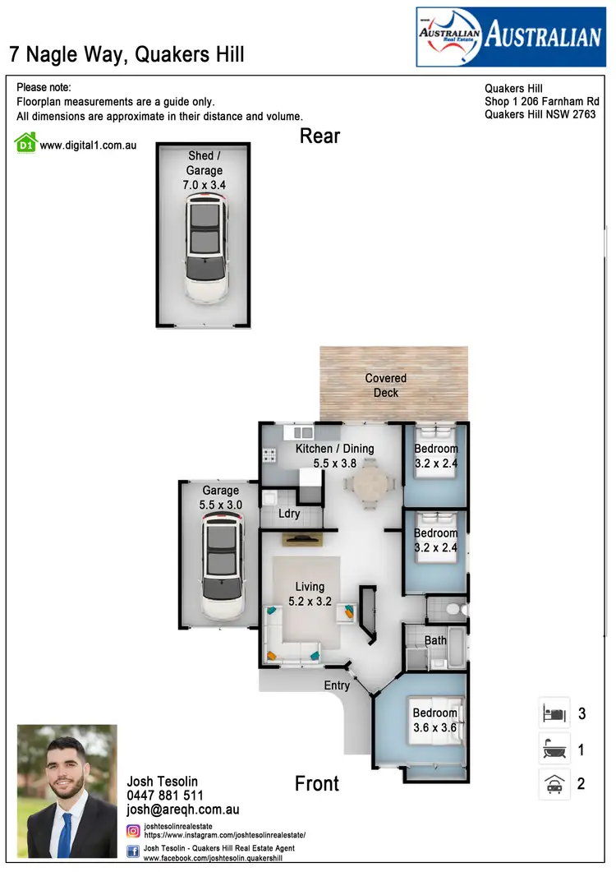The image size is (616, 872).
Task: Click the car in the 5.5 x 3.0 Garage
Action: click(223, 568)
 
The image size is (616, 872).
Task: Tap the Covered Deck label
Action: click(386, 385)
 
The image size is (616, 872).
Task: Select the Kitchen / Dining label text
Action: click(335, 449)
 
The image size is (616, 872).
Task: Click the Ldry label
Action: click(289, 514)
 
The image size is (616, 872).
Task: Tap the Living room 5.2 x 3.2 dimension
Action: click(310, 602)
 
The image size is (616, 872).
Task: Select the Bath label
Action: click(436, 640)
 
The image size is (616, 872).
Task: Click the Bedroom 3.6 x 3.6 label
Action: click(435, 720)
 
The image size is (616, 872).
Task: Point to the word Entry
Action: click(337, 685)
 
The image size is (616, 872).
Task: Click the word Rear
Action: click(319, 136)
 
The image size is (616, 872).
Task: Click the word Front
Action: click(317, 783)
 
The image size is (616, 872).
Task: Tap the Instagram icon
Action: click(133, 831)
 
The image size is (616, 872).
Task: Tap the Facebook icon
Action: click(133, 852)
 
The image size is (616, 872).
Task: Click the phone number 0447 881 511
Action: click(165, 796)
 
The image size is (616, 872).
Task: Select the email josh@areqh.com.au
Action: click(182, 810)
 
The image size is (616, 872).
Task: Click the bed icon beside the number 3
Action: click(552, 713)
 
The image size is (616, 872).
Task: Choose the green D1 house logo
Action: click(26, 143)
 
